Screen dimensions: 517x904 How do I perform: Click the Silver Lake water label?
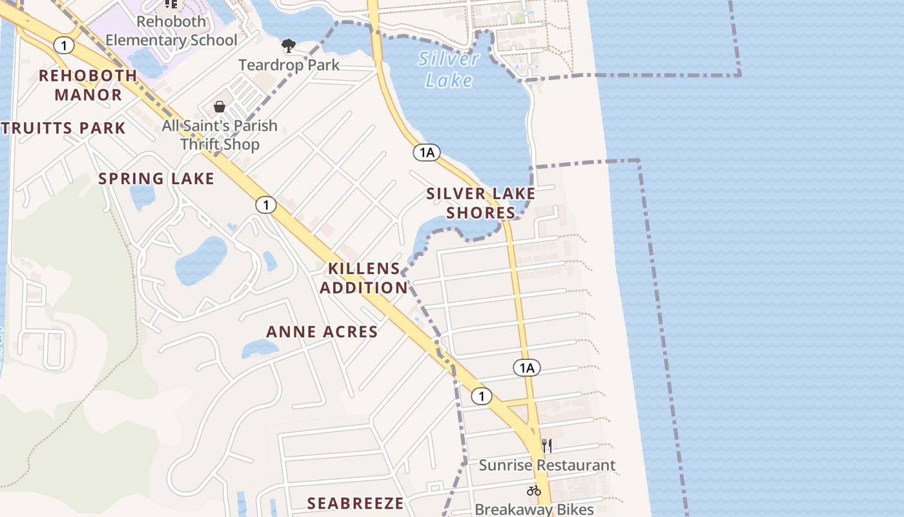coord(449,69)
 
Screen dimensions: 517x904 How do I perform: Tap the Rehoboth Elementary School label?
coord(171,30)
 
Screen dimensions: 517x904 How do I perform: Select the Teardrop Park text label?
coord(289,65)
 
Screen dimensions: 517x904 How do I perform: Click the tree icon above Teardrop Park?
coord(289,45)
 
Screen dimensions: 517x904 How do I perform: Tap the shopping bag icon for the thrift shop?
coord(220,107)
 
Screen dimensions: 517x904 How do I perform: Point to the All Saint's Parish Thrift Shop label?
coord(220,134)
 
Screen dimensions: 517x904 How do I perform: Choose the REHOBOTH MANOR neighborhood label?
coord(88,85)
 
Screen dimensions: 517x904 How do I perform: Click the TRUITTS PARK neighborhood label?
coord(63,128)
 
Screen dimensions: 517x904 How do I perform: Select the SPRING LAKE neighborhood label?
coord(156,178)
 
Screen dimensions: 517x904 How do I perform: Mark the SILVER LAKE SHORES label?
coord(481,203)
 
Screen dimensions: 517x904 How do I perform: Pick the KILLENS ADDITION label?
coord(364,278)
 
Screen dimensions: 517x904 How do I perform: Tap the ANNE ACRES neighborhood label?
coord(322,332)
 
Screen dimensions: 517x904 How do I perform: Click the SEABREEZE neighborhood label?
coord(355,503)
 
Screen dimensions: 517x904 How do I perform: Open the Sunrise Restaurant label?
coord(547,465)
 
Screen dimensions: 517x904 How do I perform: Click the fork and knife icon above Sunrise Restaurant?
coord(547,445)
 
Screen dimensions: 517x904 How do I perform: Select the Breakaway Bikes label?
coord(534,509)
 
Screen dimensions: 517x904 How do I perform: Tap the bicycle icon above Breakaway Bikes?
coord(533,491)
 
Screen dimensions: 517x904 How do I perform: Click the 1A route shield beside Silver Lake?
coord(427,153)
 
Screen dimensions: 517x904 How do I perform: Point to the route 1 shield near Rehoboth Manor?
coord(64,45)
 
